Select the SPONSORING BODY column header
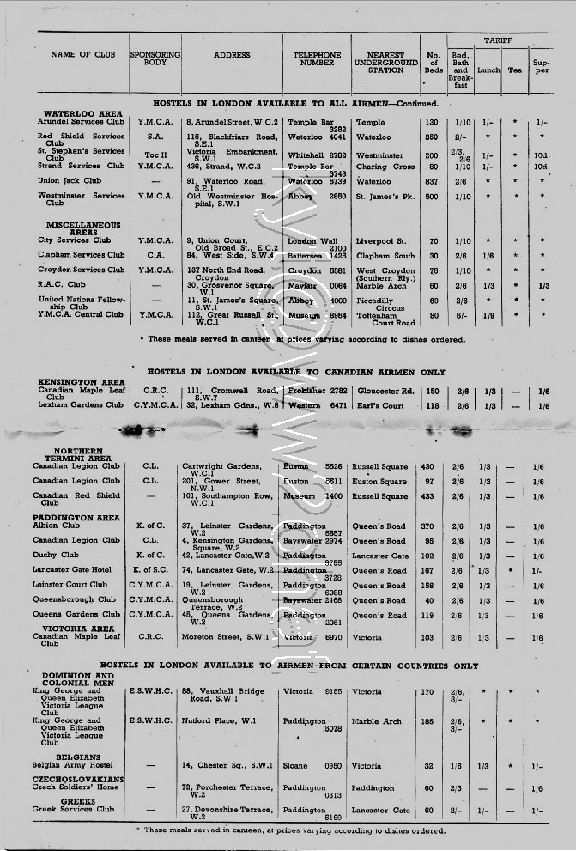pyautogui.click(x=155, y=59)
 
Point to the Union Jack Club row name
pyautogui.click(x=69, y=181)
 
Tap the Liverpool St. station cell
pyautogui.click(x=381, y=240)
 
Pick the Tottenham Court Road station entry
pyautogui.click(x=383, y=319)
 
